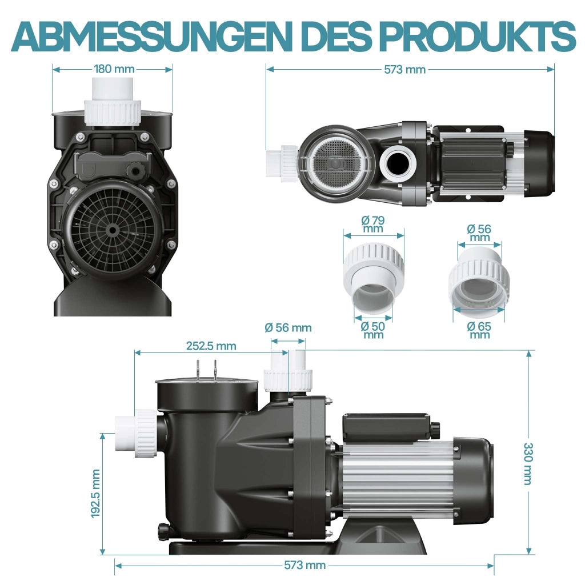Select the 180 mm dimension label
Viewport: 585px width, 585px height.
tap(114, 69)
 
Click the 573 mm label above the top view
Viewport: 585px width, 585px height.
tap(405, 69)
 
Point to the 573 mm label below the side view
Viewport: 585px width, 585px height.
tap(305, 565)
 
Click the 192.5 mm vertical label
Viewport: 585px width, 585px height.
tap(95, 494)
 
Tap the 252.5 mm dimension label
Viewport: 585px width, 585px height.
tap(211, 346)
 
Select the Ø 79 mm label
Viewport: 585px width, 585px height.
tap(373, 224)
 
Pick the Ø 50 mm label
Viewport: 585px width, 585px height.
tap(373, 330)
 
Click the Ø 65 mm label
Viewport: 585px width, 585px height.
tap(479, 330)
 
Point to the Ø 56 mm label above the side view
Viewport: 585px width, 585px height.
tap(288, 327)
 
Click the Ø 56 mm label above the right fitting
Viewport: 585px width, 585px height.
tap(479, 233)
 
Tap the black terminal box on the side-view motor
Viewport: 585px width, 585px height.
tap(388, 427)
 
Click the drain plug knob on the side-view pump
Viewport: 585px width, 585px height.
tap(163, 532)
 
